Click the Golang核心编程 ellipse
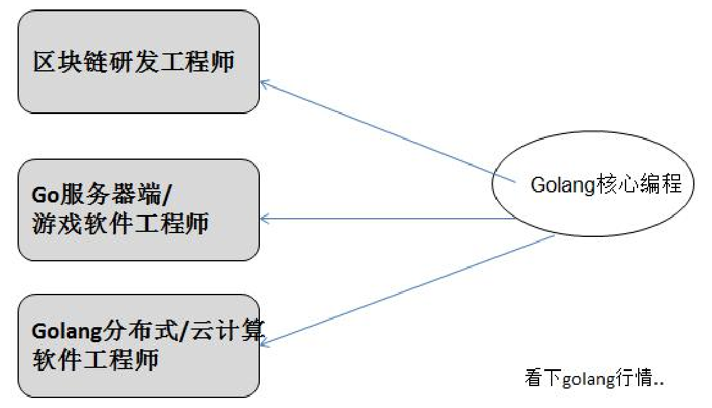tap(592, 186)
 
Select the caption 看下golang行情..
tap(594, 379)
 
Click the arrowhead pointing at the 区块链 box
tap(264, 83)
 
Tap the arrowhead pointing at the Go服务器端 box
tap(264, 219)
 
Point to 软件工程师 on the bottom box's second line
tap(95, 360)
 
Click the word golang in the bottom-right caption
tap(585, 380)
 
